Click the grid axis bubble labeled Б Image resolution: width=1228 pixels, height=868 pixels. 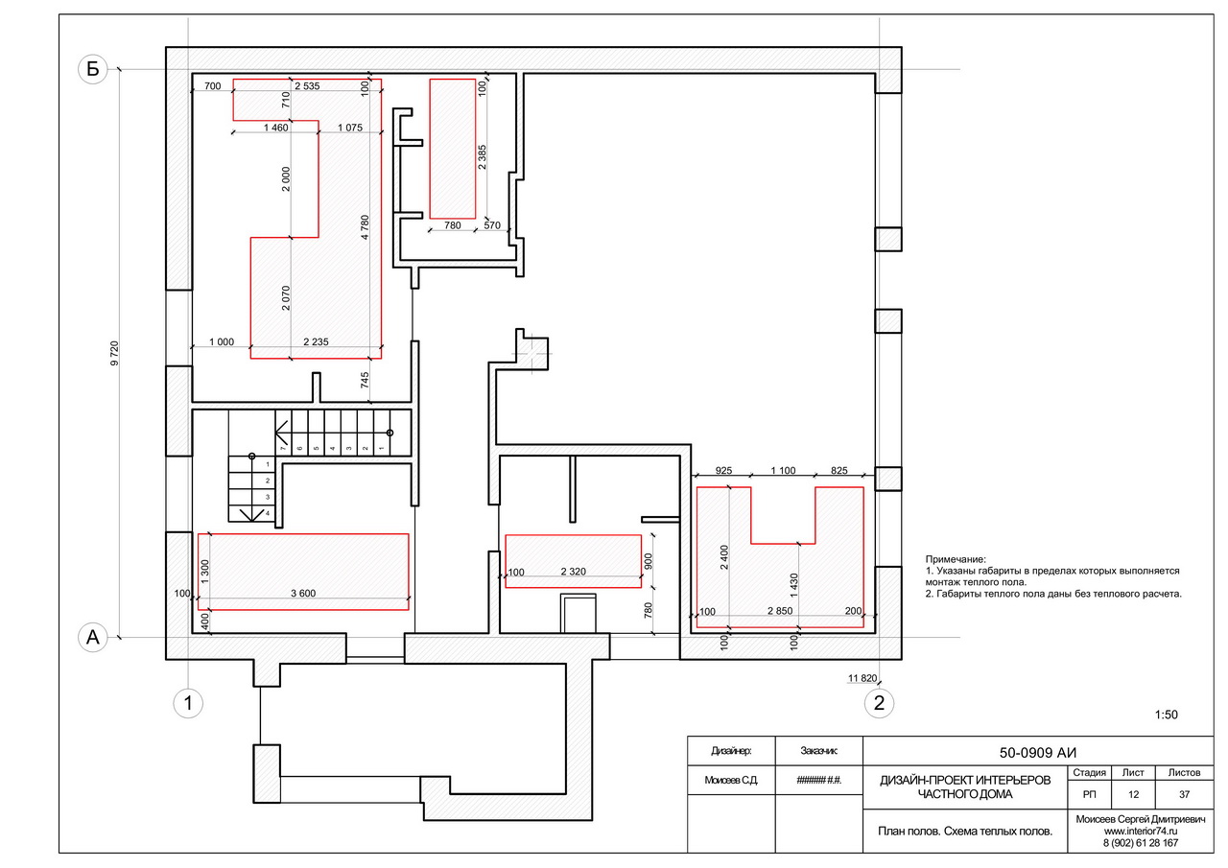pos(93,69)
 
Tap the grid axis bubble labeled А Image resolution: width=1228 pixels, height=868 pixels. pos(93,637)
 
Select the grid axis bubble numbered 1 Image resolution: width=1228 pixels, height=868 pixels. pos(188,703)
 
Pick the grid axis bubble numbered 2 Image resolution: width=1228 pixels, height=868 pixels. pos(880,703)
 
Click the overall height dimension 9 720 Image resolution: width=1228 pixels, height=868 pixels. pos(114,354)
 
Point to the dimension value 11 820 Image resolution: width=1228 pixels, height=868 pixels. pos(862,678)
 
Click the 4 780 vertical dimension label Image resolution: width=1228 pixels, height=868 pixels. pos(366,227)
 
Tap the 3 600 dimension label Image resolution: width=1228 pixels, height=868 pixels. pos(303,593)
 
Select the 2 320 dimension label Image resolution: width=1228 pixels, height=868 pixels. pos(574,572)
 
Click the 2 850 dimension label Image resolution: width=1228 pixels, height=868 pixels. pos(780,611)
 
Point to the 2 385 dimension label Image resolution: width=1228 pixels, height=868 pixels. pos(482,156)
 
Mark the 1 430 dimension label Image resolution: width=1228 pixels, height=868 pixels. pos(794,585)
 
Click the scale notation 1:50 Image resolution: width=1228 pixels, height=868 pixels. pos(1166,715)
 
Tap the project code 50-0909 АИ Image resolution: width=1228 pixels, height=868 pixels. pos(1038,752)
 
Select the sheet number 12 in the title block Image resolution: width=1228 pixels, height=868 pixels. pos(1133,794)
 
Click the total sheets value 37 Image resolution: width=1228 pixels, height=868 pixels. pos(1184,794)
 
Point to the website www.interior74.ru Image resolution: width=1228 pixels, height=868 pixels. pos(1141,832)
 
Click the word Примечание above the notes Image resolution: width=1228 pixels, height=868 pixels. pos(956,559)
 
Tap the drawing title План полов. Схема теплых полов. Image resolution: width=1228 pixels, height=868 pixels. pos(965,832)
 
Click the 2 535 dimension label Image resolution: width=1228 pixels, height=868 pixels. pos(307,86)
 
